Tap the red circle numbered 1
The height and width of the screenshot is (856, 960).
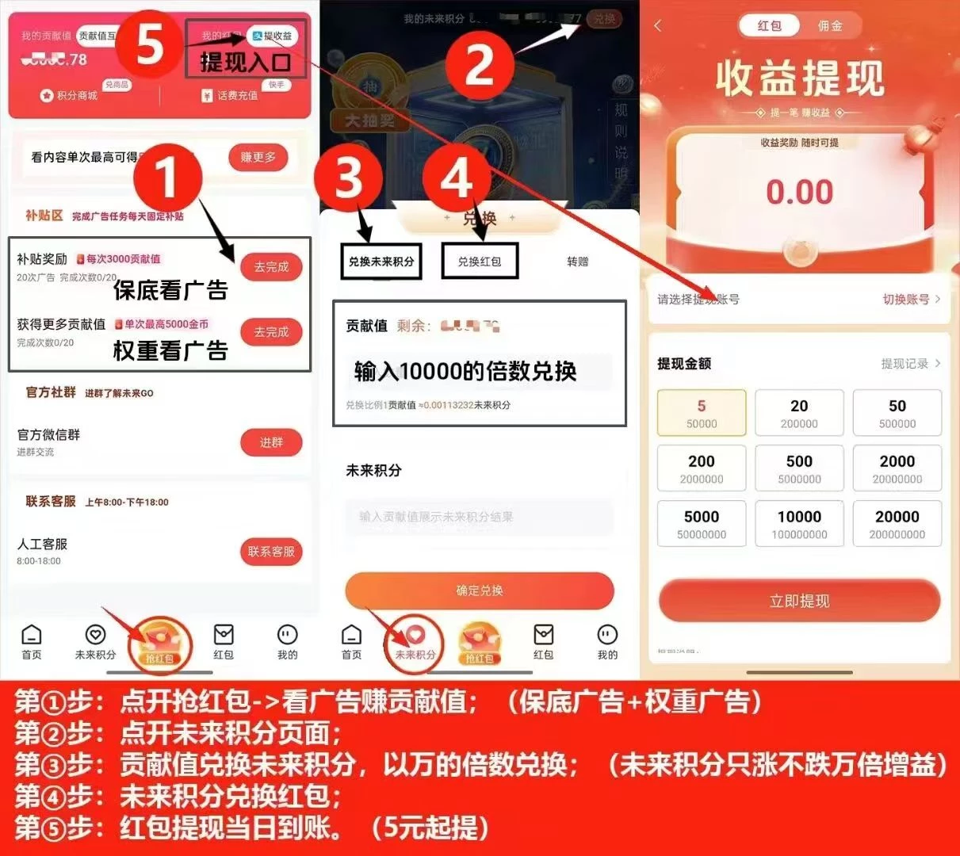tap(167, 177)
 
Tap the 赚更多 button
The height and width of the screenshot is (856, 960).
tap(258, 157)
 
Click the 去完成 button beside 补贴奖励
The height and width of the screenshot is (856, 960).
tap(271, 267)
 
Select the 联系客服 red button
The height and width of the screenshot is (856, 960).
tap(271, 552)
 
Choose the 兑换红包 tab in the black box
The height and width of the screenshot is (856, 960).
tap(479, 262)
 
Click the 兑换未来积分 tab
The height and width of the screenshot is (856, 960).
tap(381, 262)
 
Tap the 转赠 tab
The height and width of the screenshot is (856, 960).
tap(578, 262)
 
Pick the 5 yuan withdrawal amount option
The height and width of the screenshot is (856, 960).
tap(702, 413)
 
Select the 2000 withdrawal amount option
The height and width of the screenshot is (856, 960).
tap(897, 468)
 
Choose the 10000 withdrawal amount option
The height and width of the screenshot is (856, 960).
tap(799, 524)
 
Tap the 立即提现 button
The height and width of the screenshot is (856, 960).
tap(799, 601)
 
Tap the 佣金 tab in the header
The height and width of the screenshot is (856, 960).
tap(830, 26)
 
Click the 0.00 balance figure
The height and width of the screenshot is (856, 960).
tap(799, 192)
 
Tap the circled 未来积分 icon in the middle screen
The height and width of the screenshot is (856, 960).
tap(415, 642)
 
